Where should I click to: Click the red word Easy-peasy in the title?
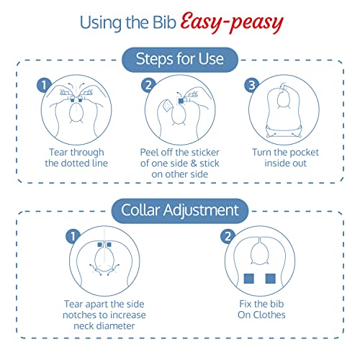click(232, 22)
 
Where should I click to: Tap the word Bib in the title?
click(164, 22)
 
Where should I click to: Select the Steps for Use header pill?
click(180, 60)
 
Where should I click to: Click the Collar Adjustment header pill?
click(180, 211)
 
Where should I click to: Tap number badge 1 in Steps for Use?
click(44, 85)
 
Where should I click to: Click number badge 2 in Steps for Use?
click(148, 85)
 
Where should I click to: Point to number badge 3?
click(251, 85)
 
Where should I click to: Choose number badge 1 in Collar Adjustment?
click(73, 236)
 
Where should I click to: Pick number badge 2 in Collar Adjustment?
click(228, 236)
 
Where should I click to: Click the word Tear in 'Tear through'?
click(58, 152)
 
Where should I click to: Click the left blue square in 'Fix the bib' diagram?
click(249, 279)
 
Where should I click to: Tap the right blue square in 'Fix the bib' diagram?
click(271, 279)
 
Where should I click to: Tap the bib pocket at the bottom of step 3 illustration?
click(284, 131)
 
